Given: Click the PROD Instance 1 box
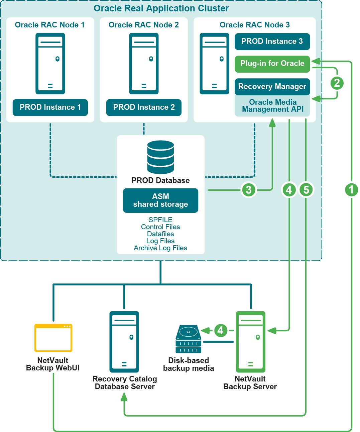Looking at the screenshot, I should [x=50, y=107].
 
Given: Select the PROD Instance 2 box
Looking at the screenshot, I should [x=144, y=107].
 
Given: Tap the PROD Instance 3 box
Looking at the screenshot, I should [x=272, y=41].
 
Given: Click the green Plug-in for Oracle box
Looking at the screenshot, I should [x=272, y=64].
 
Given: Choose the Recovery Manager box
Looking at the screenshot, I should [x=272, y=87].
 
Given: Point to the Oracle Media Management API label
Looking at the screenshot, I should [x=273, y=106].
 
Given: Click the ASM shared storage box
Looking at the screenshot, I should [x=160, y=200].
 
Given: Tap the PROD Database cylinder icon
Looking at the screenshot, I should [x=160, y=157].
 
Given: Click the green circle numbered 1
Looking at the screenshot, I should [x=351, y=190].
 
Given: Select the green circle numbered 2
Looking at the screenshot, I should [x=337, y=83].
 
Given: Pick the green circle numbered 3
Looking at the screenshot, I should [x=249, y=190].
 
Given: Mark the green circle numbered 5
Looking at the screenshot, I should [x=306, y=190].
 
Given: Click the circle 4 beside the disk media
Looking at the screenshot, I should [x=220, y=331].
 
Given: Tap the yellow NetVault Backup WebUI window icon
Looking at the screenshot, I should [x=53, y=338].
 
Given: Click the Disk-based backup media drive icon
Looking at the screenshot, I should [x=189, y=339].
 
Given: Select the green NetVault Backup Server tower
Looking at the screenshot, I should [x=251, y=342].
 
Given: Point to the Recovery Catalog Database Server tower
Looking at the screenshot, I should [x=124, y=342].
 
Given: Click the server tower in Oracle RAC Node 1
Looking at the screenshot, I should [x=50, y=64].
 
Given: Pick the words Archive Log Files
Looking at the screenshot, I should [x=160, y=248].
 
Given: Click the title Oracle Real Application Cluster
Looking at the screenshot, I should [x=161, y=8].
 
